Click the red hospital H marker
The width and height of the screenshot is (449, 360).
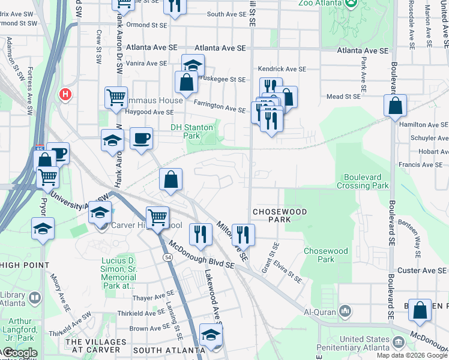pyautogui.click(x=65, y=95)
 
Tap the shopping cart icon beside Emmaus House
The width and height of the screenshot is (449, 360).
pyautogui.click(x=116, y=97)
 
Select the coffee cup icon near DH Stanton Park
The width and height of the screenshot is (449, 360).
pyautogui.click(x=142, y=139)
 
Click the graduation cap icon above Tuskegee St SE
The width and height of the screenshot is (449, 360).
pyautogui.click(x=193, y=65)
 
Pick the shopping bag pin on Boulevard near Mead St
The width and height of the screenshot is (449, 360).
pyautogui.click(x=396, y=106)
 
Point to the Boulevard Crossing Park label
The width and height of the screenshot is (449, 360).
pyautogui.click(x=366, y=181)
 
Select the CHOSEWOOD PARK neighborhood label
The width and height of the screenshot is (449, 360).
pyautogui.click(x=280, y=216)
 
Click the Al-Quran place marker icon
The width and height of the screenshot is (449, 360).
pyautogui.click(x=345, y=311)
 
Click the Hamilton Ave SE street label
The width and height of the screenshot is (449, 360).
pyautogui.click(x=423, y=124)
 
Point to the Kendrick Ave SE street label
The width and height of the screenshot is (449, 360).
pyautogui.click(x=282, y=69)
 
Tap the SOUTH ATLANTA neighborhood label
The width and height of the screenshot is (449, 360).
pyautogui.click(x=169, y=350)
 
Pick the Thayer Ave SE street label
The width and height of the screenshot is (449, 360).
pyautogui.click(x=153, y=298)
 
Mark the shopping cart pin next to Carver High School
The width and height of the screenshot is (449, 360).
pyautogui.click(x=157, y=217)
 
